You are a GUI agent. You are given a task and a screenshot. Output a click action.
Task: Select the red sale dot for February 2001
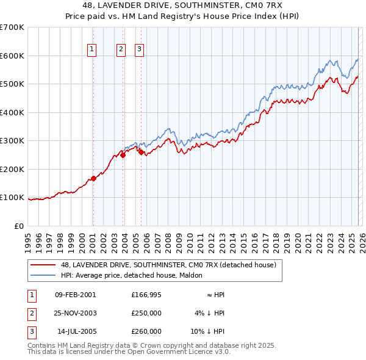[x=93, y=179]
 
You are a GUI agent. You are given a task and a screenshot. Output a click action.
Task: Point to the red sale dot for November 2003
[x=123, y=155]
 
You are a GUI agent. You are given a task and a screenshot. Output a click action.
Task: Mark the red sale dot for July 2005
[x=141, y=153]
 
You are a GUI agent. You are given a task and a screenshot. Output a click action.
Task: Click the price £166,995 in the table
[x=146, y=295]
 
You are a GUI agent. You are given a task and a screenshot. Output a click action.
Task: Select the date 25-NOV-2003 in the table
[x=75, y=313]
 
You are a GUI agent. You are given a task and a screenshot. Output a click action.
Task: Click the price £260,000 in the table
[x=146, y=331]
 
